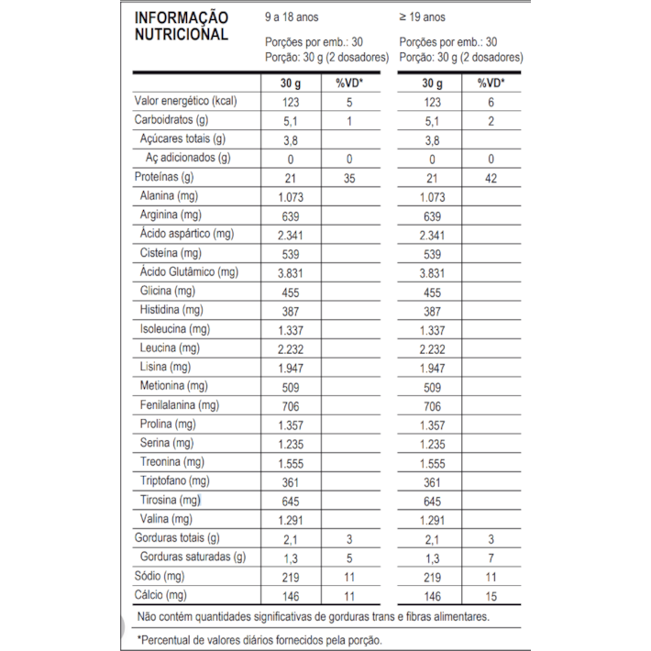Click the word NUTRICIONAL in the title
click(182, 35)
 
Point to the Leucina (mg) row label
click(171, 348)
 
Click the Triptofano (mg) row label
click(175, 481)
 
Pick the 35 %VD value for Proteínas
click(348, 177)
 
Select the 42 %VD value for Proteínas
click(491, 177)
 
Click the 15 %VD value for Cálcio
click(491, 595)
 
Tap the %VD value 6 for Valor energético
click(491, 102)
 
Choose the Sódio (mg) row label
click(160, 576)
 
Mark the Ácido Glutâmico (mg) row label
click(189, 272)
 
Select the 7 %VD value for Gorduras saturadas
click(491, 557)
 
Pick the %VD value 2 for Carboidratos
click(491, 120)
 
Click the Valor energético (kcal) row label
click(186, 102)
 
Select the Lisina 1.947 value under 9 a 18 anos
click(292, 368)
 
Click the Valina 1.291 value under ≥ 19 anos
click(431, 519)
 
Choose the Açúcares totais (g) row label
click(182, 139)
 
